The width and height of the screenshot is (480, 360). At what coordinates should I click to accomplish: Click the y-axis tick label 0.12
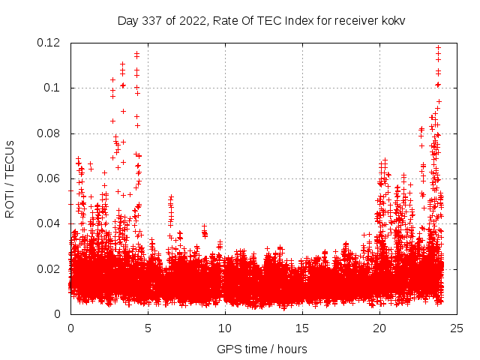pyautogui.click(x=49, y=43)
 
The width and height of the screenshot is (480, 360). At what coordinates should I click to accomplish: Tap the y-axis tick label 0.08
pyautogui.click(x=49, y=133)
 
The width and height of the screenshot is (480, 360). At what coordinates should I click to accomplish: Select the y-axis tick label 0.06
pyautogui.click(x=49, y=178)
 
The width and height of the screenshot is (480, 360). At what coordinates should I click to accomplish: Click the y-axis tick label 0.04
pyautogui.click(x=49, y=223)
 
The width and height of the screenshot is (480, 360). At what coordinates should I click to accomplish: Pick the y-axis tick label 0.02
pyautogui.click(x=49, y=268)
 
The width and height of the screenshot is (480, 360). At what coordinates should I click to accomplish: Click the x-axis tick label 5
pyautogui.click(x=148, y=328)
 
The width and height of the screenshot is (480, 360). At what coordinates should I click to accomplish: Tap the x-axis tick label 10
pyautogui.click(x=225, y=328)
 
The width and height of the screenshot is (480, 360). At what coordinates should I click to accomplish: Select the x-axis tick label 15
pyautogui.click(x=302, y=328)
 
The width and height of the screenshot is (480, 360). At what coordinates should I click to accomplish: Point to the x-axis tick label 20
pyautogui.click(x=379, y=328)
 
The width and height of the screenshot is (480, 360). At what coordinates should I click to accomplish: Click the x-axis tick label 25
pyautogui.click(x=457, y=328)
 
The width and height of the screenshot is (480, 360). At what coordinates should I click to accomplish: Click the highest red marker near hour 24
pyautogui.click(x=438, y=47)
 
